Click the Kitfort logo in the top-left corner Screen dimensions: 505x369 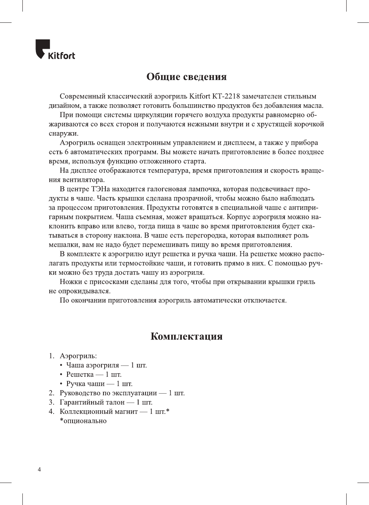pyautogui.click(x=55, y=50)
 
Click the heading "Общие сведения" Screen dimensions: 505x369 pyautogui.click(x=186, y=77)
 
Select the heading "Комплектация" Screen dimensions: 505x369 pyautogui.click(x=186, y=336)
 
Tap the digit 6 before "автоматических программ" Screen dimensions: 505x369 pyautogui.click(x=66, y=152)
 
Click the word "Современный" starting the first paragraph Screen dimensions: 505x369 pyautogui.click(x=82, y=96)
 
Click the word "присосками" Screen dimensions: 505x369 pyautogui.click(x=108, y=282)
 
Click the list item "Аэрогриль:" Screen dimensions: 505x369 pyautogui.click(x=78, y=356)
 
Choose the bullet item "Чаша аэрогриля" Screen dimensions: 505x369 pyautogui.click(x=93, y=365)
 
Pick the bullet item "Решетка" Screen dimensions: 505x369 pyautogui.click(x=80, y=374)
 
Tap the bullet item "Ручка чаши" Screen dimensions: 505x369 pyautogui.click(x=85, y=384)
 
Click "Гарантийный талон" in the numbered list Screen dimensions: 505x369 pyautogui.click(x=92, y=402)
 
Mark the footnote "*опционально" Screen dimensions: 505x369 pyautogui.click(x=83, y=421)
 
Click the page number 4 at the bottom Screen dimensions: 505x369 pyautogui.click(x=39, y=469)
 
